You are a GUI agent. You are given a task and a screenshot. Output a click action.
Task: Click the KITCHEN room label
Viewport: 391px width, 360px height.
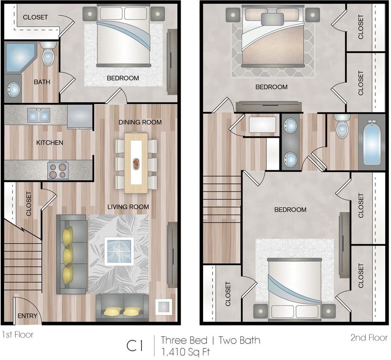point(49,143)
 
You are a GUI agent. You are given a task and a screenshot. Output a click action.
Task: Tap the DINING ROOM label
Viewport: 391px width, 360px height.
point(140,122)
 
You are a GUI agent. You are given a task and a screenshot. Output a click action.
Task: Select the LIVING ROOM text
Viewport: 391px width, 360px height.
point(128,207)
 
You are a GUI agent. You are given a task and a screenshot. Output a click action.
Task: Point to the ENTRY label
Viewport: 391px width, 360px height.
point(27,316)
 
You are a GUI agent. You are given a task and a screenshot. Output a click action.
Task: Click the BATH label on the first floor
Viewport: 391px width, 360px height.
point(42,82)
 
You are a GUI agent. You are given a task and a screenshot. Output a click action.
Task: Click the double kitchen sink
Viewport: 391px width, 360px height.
point(38,115)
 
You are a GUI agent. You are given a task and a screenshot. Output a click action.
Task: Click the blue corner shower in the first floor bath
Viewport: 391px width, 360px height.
point(19,57)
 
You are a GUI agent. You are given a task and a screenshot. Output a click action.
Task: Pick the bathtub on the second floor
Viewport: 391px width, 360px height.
point(372,143)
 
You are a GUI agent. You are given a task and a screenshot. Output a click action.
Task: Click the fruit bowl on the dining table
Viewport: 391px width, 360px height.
point(136,164)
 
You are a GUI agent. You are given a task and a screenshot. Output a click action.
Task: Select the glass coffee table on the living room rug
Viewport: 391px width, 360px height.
point(119,251)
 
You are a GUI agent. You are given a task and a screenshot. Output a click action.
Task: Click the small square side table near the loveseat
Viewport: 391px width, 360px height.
point(163,307)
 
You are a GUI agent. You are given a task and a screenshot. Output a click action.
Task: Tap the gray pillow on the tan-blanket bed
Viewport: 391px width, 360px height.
point(272,19)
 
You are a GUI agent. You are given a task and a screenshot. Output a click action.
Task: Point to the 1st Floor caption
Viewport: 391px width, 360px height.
point(18,334)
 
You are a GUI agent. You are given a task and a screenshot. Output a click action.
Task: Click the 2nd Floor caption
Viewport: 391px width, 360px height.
point(369,337)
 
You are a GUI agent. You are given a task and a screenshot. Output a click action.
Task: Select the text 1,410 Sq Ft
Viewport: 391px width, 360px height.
point(186,352)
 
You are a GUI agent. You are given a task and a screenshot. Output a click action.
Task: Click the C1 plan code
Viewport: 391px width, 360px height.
point(135,346)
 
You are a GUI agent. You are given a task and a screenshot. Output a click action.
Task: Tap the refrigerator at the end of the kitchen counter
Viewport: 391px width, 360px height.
point(80,117)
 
